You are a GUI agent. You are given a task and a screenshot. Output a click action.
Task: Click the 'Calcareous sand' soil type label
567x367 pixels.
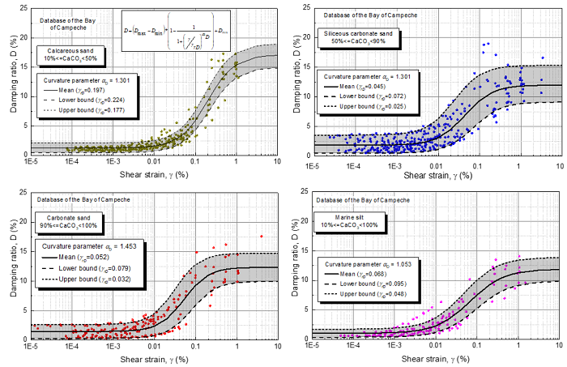point(70,55)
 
